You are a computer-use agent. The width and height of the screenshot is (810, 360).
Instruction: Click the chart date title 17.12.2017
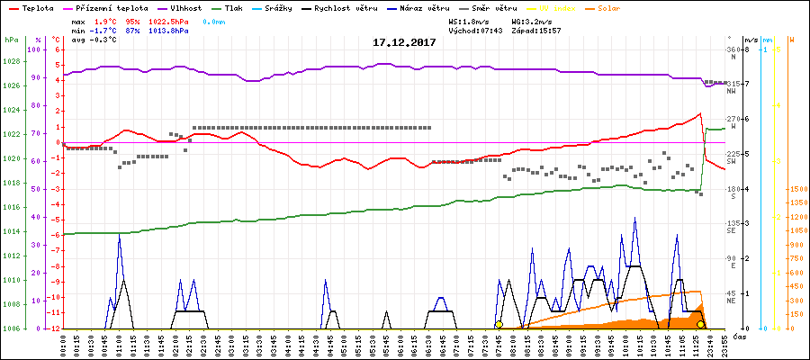[x=404, y=42]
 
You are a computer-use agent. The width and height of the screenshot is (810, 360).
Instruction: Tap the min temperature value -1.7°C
[x=105, y=31]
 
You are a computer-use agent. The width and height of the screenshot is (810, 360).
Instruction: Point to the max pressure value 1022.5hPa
[x=167, y=21]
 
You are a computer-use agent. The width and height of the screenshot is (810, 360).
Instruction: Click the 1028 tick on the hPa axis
[x=12, y=61]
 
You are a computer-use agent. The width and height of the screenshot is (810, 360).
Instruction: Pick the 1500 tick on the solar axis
[x=795, y=190]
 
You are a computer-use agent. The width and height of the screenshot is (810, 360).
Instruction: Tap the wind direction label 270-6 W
[x=738, y=122]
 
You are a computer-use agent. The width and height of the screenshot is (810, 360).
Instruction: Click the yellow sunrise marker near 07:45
[x=499, y=324]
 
